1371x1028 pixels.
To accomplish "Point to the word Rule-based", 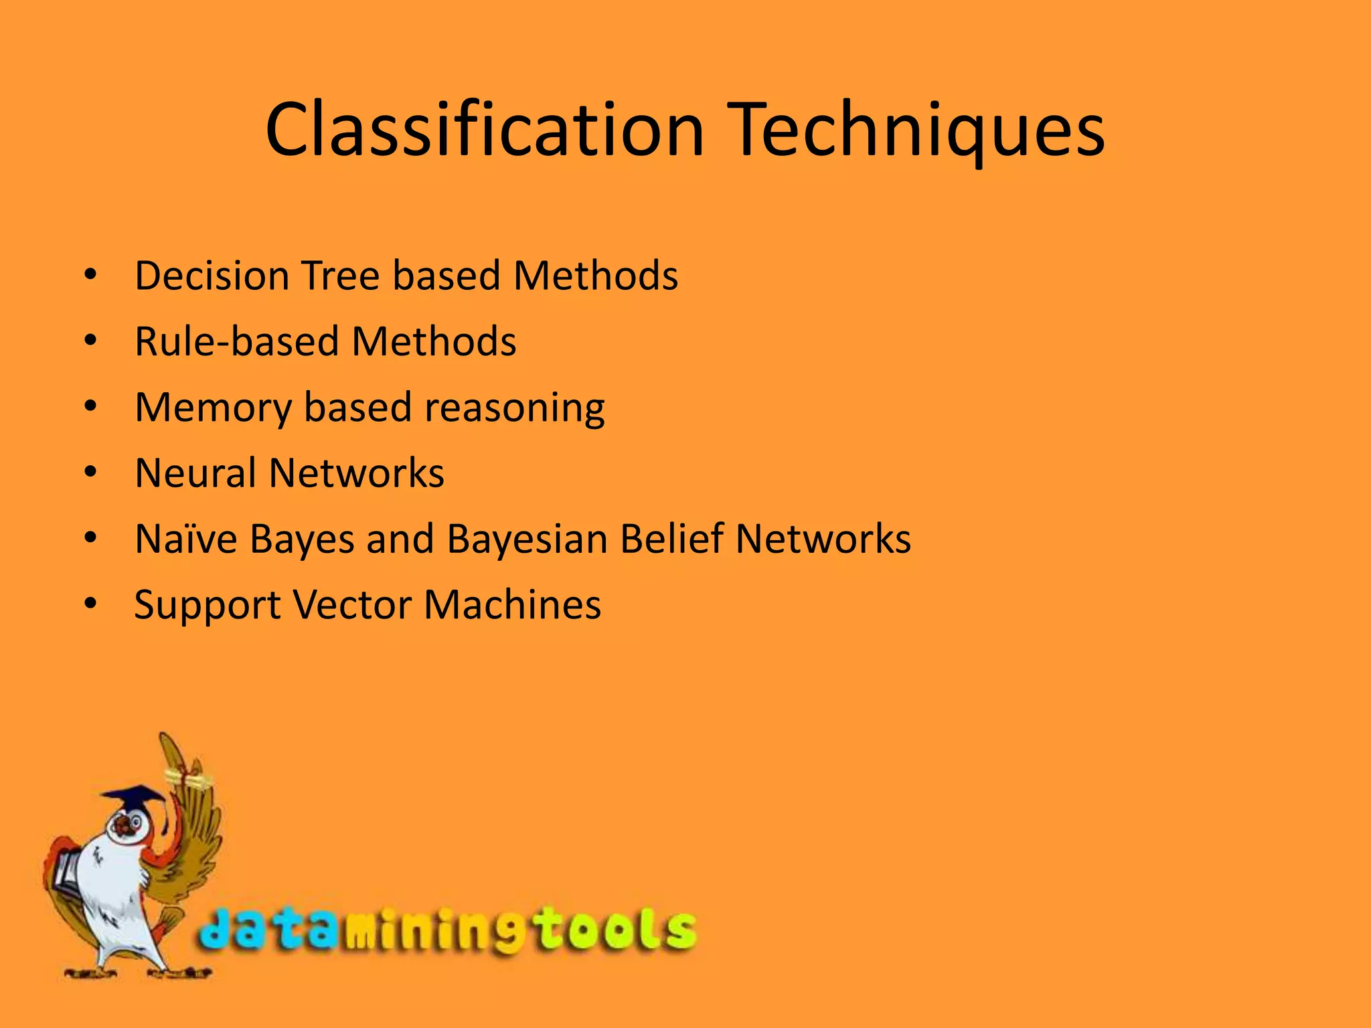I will [237, 341].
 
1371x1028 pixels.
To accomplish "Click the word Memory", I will [213, 408].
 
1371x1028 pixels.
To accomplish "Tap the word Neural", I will [195, 473].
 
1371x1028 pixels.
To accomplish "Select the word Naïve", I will [185, 539].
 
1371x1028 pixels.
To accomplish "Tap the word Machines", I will [512, 604].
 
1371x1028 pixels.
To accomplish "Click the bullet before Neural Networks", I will [91, 473].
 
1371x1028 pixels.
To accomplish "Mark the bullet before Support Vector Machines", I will [91, 604].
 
